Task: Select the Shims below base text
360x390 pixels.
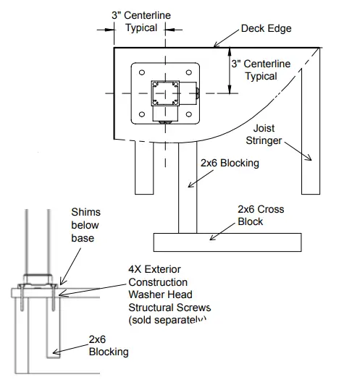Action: (85, 224)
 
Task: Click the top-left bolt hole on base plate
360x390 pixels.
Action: (141, 72)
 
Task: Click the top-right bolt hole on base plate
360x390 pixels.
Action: (190, 72)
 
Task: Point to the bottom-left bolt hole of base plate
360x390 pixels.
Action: (141, 116)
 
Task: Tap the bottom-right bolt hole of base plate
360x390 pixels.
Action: (190, 116)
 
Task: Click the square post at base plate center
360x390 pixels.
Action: (165, 94)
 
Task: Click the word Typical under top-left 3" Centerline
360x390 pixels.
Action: (143, 28)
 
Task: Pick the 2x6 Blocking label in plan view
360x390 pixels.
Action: (230, 164)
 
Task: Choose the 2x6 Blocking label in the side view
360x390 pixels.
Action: (108, 345)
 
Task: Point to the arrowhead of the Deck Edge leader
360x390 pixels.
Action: (216, 46)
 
